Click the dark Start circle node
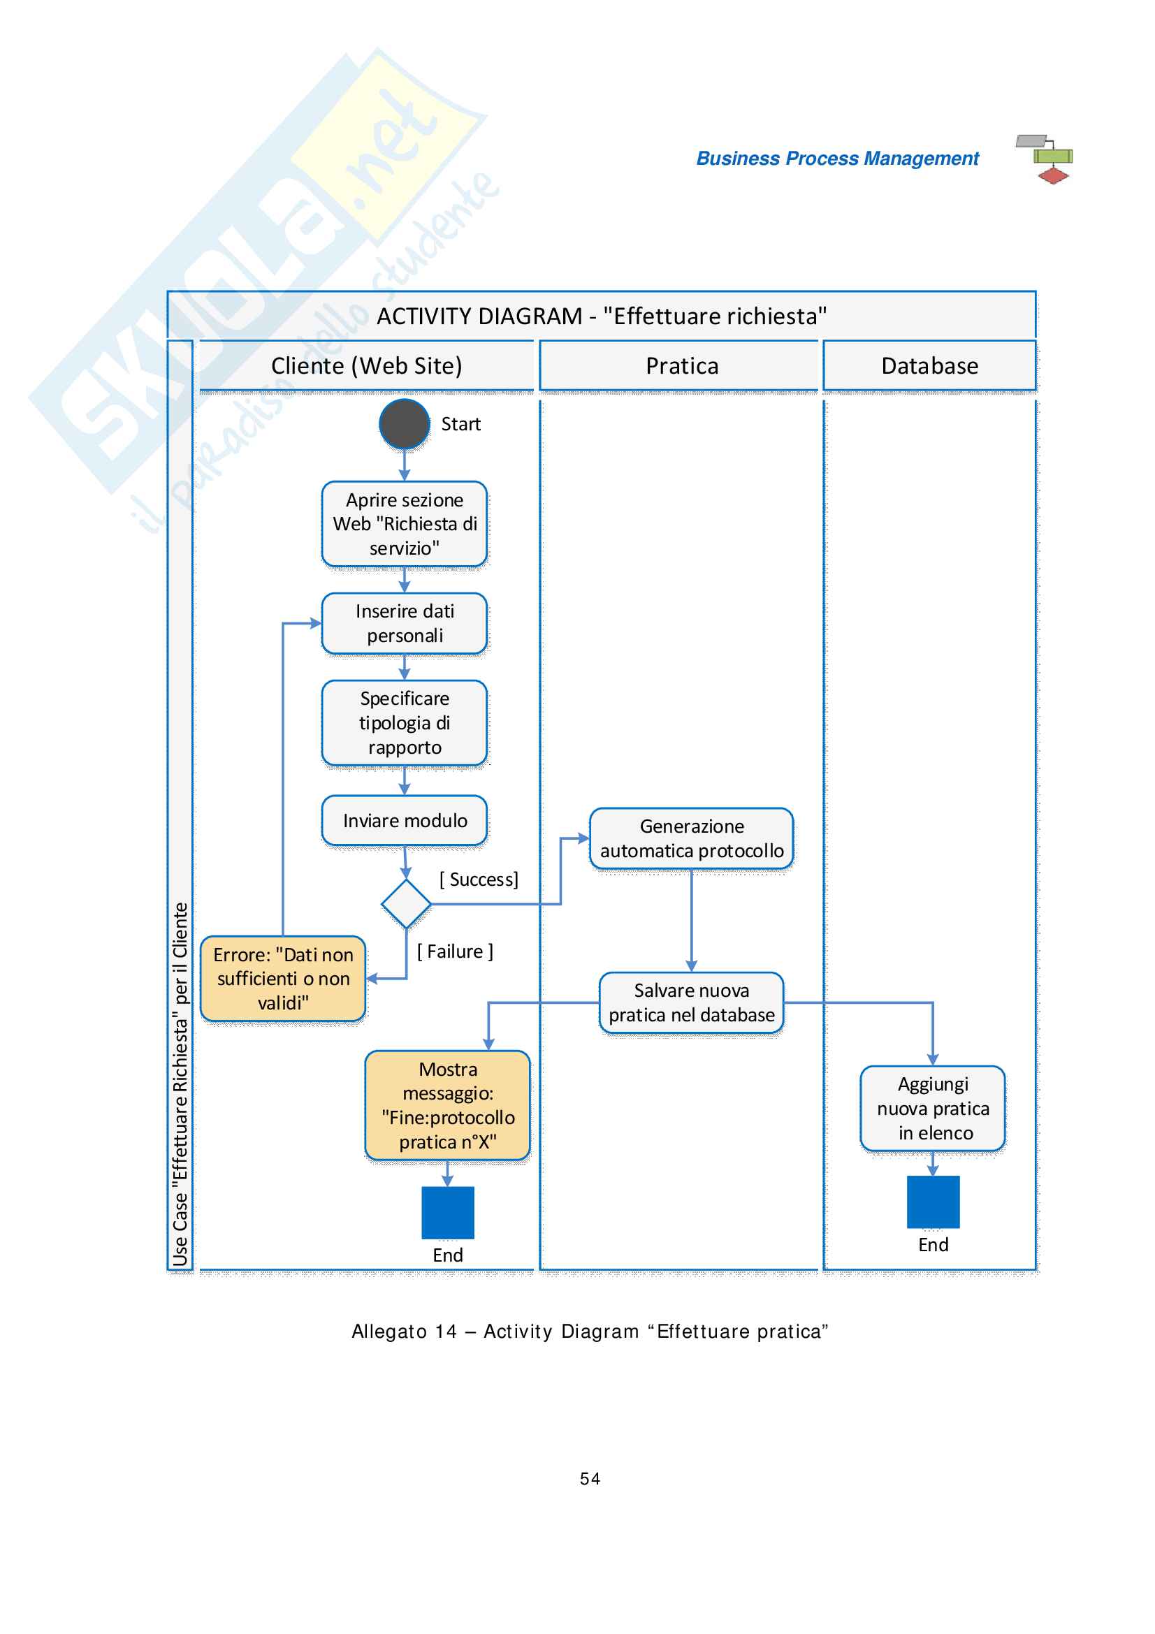point(404,424)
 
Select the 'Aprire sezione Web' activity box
point(404,524)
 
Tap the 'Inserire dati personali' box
point(404,623)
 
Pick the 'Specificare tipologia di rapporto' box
point(404,723)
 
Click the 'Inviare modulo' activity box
point(404,821)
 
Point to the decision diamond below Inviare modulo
point(406,904)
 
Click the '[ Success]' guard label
point(479,880)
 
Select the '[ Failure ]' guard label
point(455,951)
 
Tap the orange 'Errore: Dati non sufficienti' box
point(283,979)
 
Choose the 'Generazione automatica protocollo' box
point(691,838)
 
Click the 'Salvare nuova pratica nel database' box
point(691,1002)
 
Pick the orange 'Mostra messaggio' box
point(448,1105)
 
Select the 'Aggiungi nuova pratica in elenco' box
point(932,1108)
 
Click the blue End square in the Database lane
point(933,1202)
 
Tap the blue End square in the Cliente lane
point(448,1213)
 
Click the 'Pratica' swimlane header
point(682,366)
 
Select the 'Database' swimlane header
point(929,366)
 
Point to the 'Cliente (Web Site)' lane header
point(367,366)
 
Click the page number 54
point(590,1479)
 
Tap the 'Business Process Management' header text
point(837,159)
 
